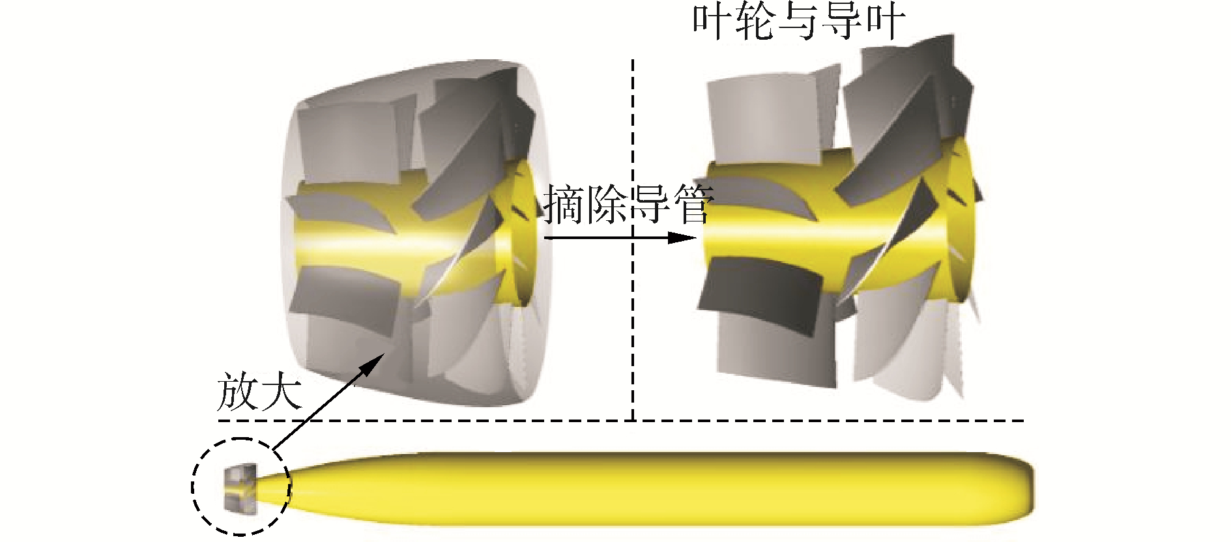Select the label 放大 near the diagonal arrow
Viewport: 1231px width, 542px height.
coord(259,391)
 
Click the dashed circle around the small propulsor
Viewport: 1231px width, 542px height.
coord(193,485)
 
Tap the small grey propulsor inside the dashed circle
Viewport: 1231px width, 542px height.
coord(239,487)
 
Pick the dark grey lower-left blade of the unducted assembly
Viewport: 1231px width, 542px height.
coord(756,290)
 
